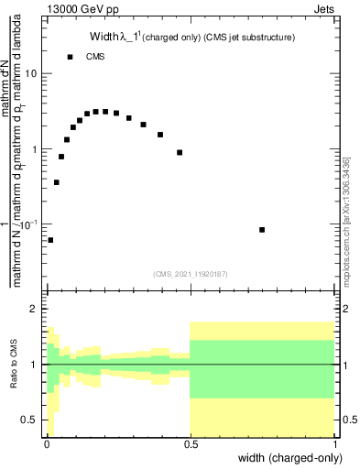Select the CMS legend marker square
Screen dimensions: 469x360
(x=70, y=57)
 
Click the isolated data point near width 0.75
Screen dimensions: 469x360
(x=262, y=230)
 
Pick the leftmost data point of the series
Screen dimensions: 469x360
(x=50, y=240)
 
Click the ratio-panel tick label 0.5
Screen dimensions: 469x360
(x=30, y=420)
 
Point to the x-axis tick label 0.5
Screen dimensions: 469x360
(x=191, y=444)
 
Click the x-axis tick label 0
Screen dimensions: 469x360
(x=46, y=444)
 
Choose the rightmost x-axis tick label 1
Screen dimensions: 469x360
(x=335, y=444)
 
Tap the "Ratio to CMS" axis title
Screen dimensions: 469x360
(x=14, y=365)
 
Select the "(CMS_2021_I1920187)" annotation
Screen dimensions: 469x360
(x=191, y=272)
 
